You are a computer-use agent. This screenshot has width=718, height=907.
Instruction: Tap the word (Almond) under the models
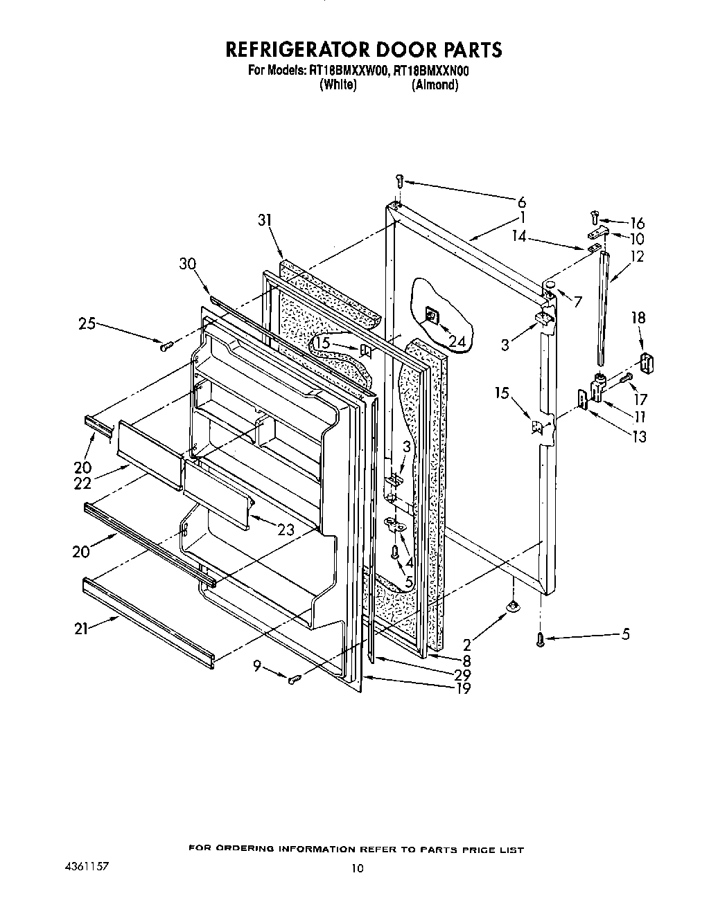(x=435, y=85)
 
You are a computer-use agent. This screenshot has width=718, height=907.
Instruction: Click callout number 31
(x=265, y=220)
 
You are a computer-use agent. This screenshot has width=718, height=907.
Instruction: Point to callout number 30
(x=187, y=264)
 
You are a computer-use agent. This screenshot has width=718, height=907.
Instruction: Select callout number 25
(x=87, y=323)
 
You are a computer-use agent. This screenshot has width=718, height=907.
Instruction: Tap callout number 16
(x=637, y=223)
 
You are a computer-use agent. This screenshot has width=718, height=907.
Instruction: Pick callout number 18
(x=638, y=318)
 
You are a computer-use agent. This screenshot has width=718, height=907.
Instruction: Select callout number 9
(x=257, y=667)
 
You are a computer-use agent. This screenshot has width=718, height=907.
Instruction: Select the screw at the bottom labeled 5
(x=541, y=640)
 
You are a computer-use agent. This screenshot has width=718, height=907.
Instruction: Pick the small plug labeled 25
(x=166, y=347)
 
